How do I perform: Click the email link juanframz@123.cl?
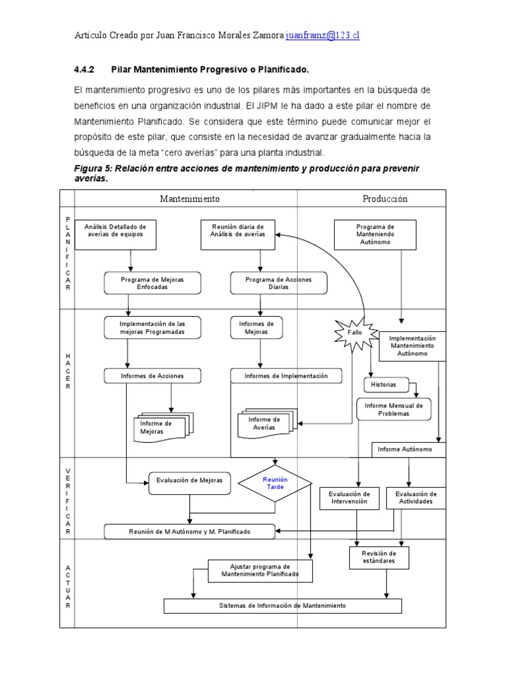point(322,37)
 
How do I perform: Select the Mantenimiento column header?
point(190,198)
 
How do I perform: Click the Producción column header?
point(385,198)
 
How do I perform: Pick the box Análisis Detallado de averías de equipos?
point(116,235)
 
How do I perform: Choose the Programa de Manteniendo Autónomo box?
point(375,235)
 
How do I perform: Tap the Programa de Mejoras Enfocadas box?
point(152,283)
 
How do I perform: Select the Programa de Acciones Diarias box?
point(278,283)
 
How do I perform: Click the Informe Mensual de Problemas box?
point(395,409)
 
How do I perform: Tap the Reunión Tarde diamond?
point(276,484)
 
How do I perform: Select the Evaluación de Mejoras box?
point(189,480)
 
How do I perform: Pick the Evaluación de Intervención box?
point(349,498)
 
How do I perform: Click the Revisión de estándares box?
point(379,558)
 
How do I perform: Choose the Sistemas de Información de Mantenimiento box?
point(282,605)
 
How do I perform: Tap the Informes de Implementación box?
point(286,376)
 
